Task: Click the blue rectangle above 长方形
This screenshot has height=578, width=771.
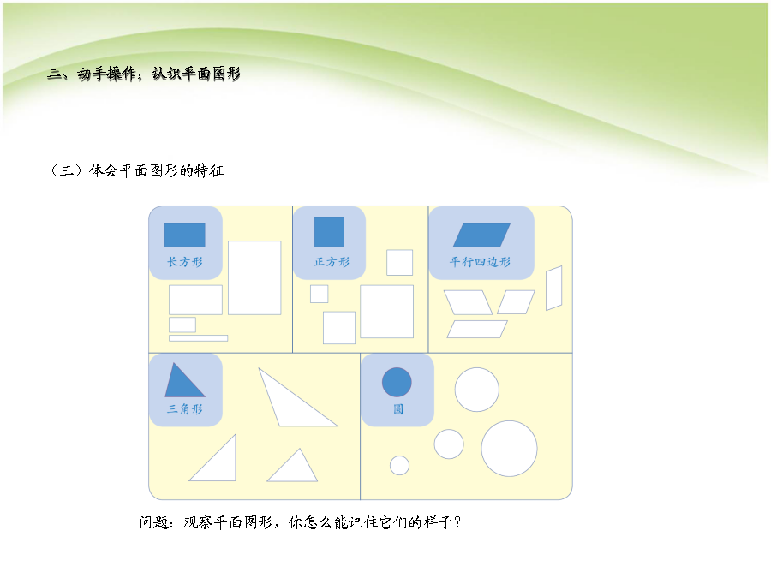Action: pyautogui.click(x=184, y=235)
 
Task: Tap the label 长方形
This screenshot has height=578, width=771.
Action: pyautogui.click(x=185, y=262)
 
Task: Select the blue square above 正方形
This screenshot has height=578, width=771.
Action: pyautogui.click(x=329, y=232)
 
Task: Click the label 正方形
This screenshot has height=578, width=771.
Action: pyautogui.click(x=332, y=262)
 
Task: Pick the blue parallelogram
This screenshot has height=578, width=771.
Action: pyautogui.click(x=481, y=235)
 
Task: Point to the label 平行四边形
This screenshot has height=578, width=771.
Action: pyautogui.click(x=480, y=262)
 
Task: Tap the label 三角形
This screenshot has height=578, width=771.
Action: pyautogui.click(x=185, y=409)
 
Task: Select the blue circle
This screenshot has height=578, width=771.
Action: pyautogui.click(x=397, y=383)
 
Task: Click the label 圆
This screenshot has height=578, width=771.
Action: pyautogui.click(x=398, y=409)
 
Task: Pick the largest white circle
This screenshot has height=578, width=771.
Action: pyautogui.click(x=509, y=449)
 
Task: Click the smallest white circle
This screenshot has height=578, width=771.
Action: pyautogui.click(x=399, y=466)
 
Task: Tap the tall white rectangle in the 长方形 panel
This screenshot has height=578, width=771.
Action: pyautogui.click(x=254, y=277)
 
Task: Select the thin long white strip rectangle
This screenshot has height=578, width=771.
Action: pyautogui.click(x=198, y=338)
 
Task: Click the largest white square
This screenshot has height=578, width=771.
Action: pyautogui.click(x=387, y=312)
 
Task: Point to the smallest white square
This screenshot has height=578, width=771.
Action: pyautogui.click(x=320, y=294)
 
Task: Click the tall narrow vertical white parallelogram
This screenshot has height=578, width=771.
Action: pyautogui.click(x=554, y=288)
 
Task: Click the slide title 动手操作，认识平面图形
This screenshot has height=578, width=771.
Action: pyautogui.click(x=158, y=74)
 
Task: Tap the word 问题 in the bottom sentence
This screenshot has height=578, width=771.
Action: pyautogui.click(x=152, y=522)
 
